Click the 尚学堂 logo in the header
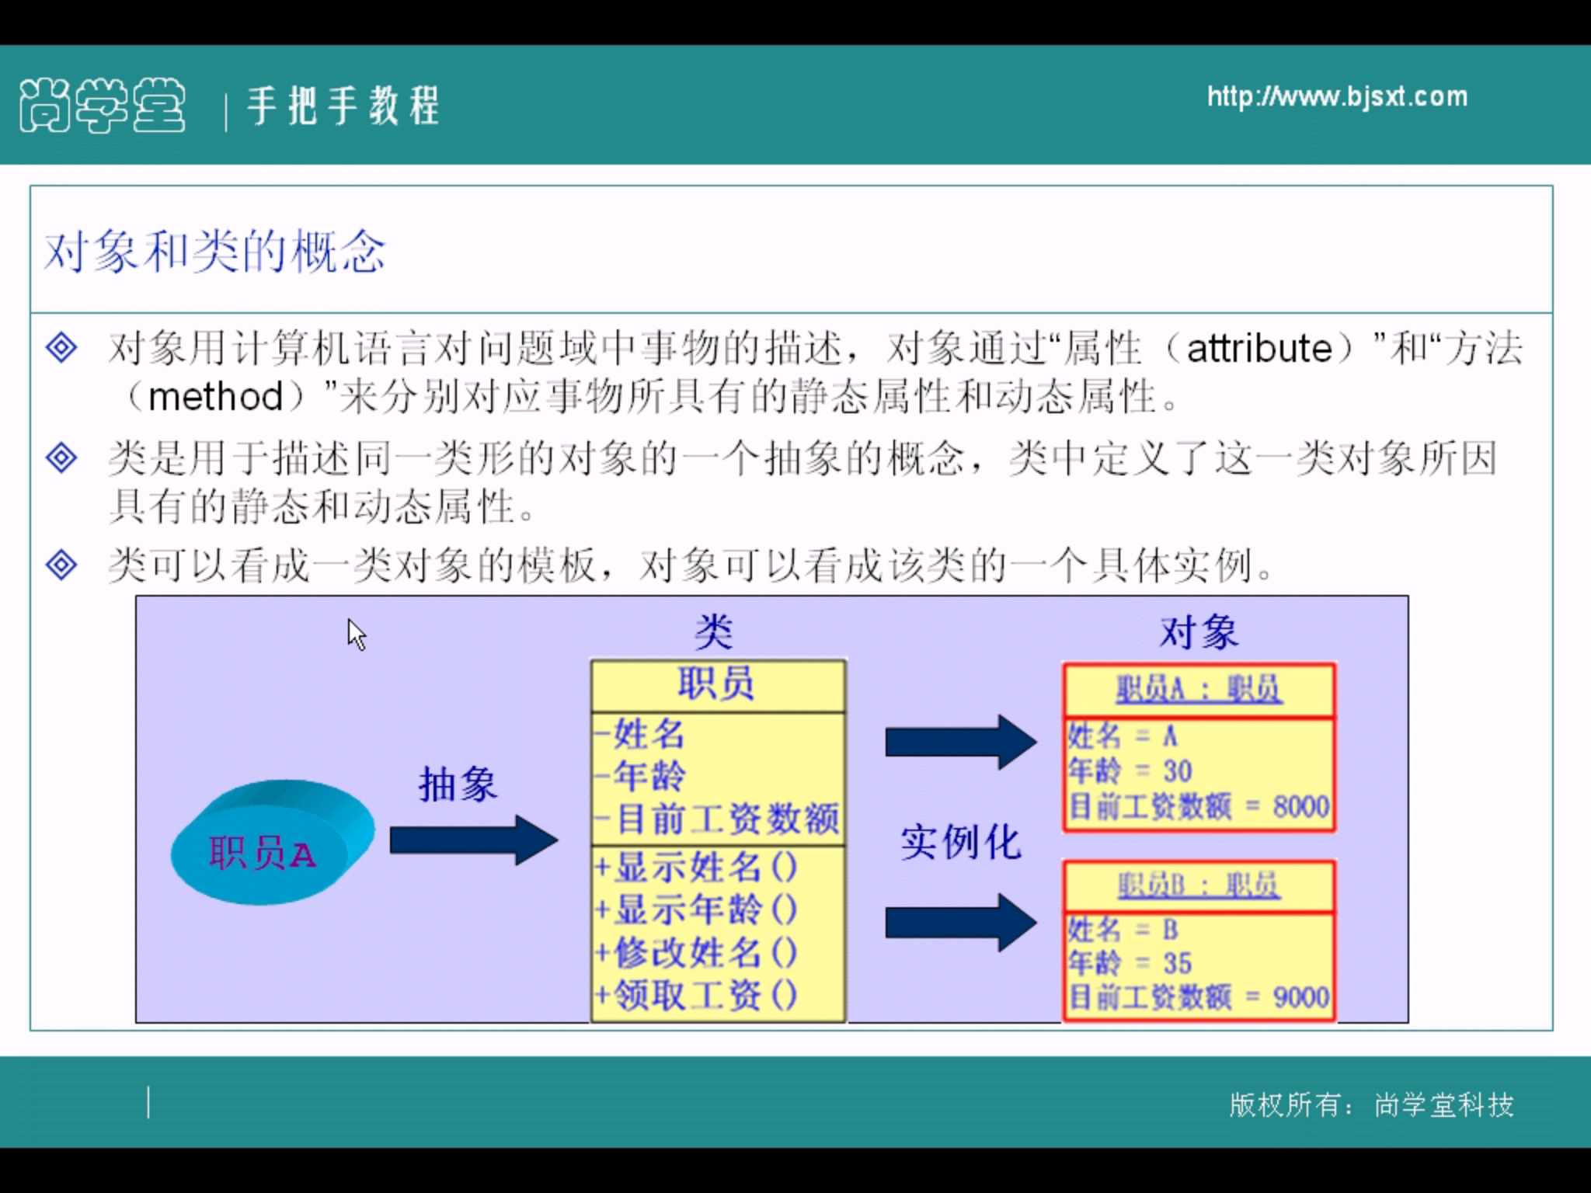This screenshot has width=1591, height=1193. pyautogui.click(x=103, y=106)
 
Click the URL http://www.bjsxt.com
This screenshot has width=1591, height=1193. pyautogui.click(x=1337, y=97)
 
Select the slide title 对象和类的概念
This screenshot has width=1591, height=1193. pyautogui.click(x=214, y=252)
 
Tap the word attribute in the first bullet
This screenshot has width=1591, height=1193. pyautogui.click(x=1259, y=349)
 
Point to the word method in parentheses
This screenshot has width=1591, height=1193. pyautogui.click(x=215, y=397)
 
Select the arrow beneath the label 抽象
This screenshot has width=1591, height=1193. pyautogui.click(x=473, y=840)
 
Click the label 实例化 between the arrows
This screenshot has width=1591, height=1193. pyautogui.click(x=960, y=843)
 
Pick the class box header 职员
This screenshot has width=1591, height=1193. pyautogui.click(x=716, y=684)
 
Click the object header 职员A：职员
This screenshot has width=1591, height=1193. pyautogui.click(x=1199, y=689)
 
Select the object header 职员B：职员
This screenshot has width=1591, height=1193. pyautogui.click(x=1199, y=885)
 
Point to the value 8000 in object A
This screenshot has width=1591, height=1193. pyautogui.click(x=1300, y=806)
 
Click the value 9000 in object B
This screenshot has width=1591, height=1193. pyautogui.click(x=1300, y=996)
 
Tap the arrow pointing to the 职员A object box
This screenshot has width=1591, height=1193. pyautogui.click(x=960, y=743)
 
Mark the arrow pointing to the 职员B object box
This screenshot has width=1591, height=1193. pyautogui.click(x=960, y=923)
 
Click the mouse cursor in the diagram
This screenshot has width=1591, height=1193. pyautogui.click(x=356, y=634)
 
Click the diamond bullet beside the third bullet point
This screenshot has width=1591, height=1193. pyautogui.click(x=61, y=564)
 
